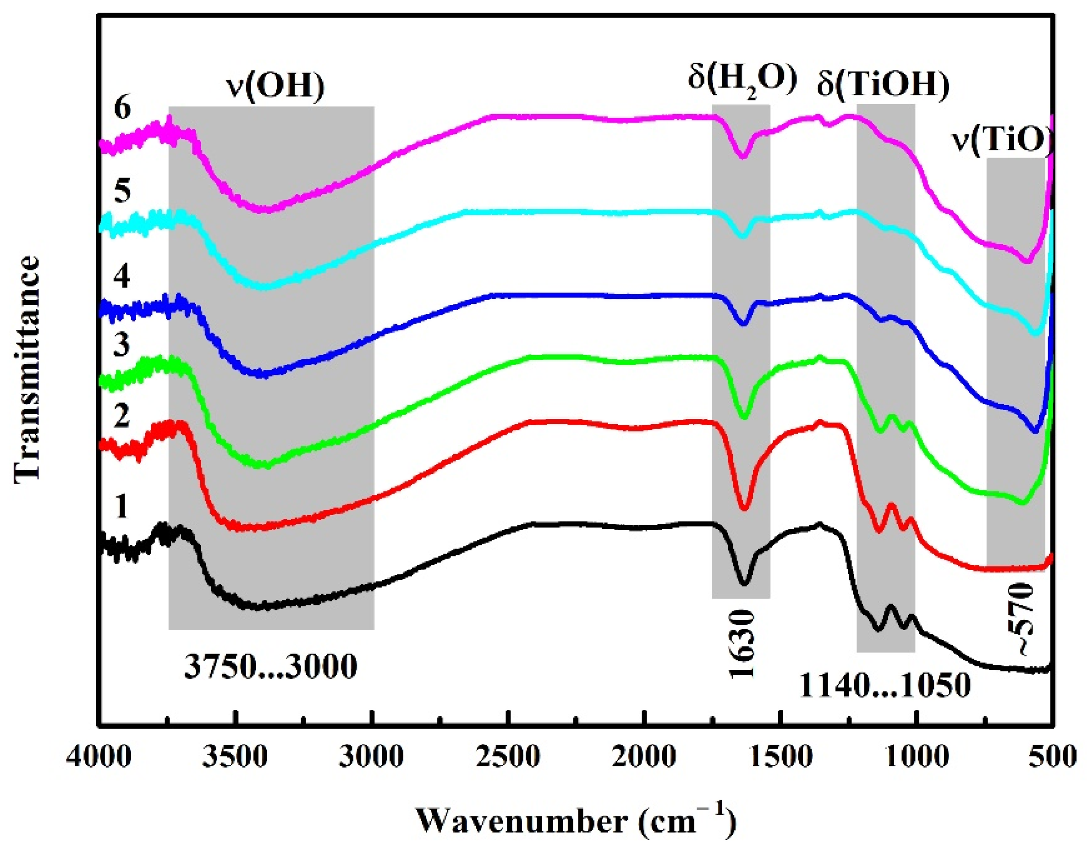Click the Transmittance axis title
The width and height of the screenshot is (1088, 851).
pyautogui.click(x=26, y=369)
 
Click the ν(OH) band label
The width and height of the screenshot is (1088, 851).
pyautogui.click(x=275, y=86)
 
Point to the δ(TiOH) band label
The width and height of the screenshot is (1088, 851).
pyautogui.click(x=883, y=84)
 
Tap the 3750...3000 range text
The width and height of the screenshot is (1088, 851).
pyautogui.click(x=270, y=667)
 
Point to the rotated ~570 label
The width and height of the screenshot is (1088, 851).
pyautogui.click(x=1022, y=627)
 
